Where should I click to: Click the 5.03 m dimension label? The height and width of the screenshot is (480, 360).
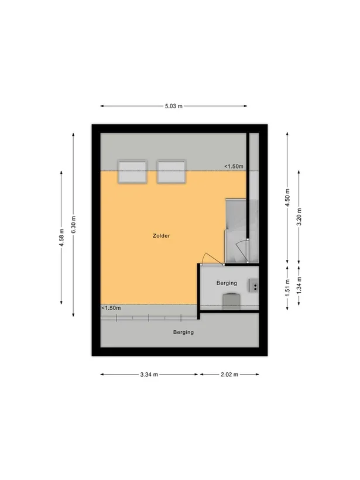(173, 106)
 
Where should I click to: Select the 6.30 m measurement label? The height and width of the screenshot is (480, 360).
(73, 224)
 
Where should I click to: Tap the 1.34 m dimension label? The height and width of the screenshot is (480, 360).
(299, 285)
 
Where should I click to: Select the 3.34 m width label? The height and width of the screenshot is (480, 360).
(150, 375)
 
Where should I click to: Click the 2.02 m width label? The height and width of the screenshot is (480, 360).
(229, 375)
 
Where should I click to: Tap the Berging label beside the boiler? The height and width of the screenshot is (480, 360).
(226, 283)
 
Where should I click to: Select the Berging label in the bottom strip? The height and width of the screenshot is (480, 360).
(183, 332)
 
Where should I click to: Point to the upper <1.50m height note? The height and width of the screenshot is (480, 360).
(234, 167)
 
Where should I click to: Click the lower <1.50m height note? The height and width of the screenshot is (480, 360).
(111, 308)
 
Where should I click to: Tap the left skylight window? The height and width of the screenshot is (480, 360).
(132, 172)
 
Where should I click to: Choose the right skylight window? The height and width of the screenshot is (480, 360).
(171, 172)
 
